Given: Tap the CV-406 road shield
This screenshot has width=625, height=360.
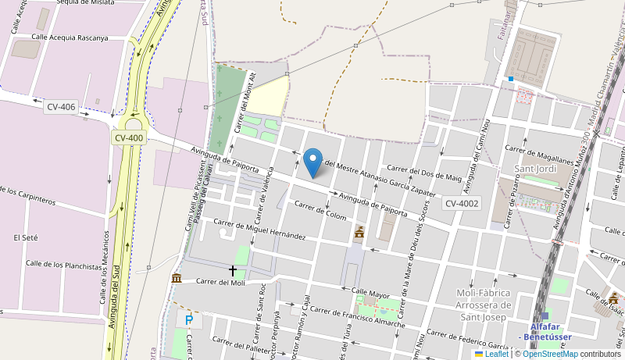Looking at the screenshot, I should click(61, 107).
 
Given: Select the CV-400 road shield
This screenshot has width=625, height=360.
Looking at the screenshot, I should click(129, 138).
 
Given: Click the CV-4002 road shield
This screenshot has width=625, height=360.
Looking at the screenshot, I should click(462, 204).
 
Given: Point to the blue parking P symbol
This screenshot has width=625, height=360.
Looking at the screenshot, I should click(188, 319).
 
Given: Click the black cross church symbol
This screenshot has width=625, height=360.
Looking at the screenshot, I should click(232, 271).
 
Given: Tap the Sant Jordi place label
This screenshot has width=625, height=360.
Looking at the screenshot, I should click(535, 169).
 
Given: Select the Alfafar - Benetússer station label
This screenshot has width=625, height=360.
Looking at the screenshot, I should click(550, 331).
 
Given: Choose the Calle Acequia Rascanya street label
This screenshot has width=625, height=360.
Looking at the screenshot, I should click(70, 37).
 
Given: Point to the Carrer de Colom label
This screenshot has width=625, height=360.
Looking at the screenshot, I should click(320, 209).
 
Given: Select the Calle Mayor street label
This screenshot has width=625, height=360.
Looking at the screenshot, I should click(370, 294).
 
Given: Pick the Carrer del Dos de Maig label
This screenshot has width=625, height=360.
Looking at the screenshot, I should click(424, 173).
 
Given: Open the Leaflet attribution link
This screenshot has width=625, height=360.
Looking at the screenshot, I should click(491, 354).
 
